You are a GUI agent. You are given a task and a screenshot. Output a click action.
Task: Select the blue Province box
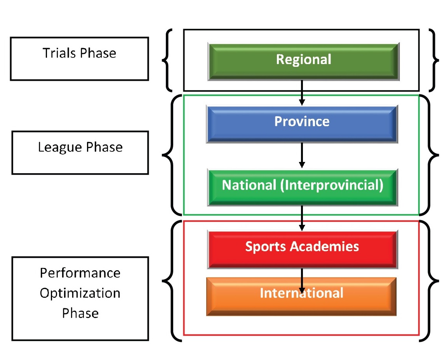click(302, 123)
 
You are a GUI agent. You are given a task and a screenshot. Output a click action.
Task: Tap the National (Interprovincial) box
click(302, 187)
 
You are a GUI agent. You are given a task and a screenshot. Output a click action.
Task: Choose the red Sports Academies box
click(302, 249)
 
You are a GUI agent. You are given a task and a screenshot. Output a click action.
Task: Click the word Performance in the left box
click(80, 273)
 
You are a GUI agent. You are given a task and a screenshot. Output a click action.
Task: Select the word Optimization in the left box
click(80, 293)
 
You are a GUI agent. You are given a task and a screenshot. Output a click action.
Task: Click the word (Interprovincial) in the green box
click(331, 185)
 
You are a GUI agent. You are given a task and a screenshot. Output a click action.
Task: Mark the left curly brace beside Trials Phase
click(167, 60)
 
